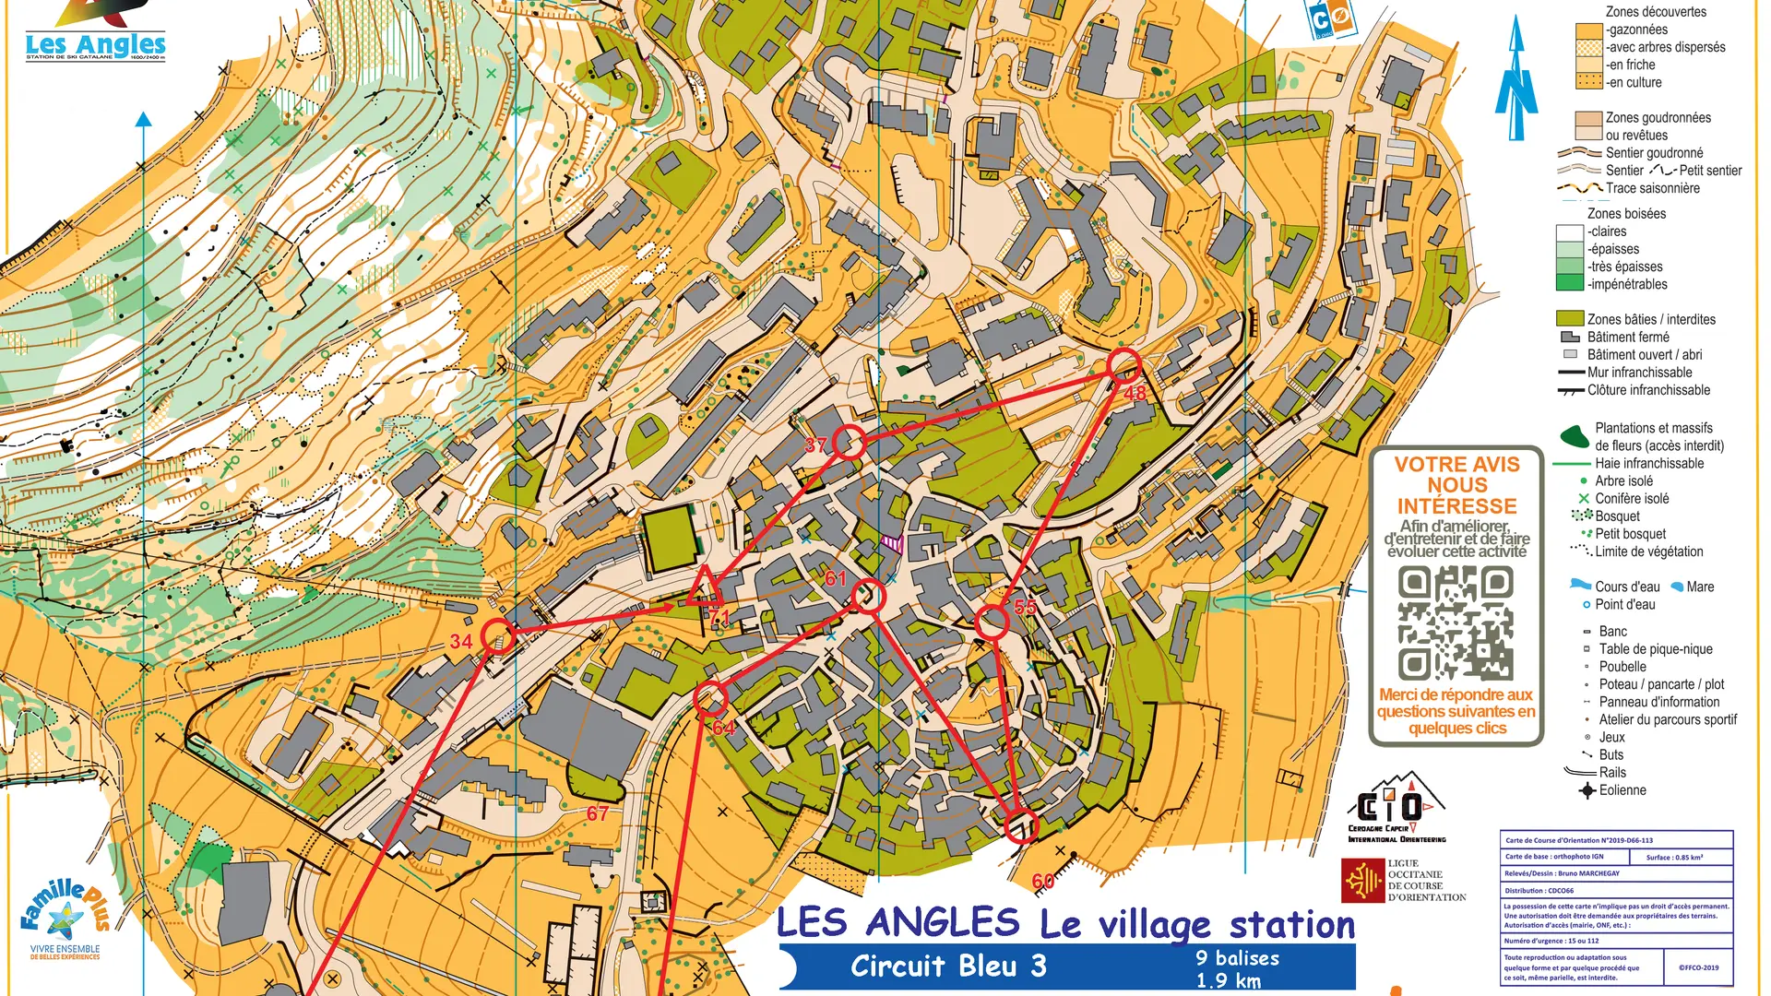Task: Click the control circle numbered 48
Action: pyautogui.click(x=1123, y=366)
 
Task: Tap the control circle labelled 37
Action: pyautogui.click(x=850, y=443)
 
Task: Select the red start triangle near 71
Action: pyautogui.click(x=704, y=588)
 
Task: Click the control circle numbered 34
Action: pyautogui.click(x=498, y=636)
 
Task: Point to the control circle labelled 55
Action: pyautogui.click(x=992, y=622)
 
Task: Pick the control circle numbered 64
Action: pyautogui.click(x=710, y=698)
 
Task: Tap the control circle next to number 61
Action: pyautogui.click(x=868, y=597)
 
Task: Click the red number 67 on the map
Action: pyautogui.click(x=598, y=813)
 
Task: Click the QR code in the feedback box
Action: pyautogui.click(x=1456, y=622)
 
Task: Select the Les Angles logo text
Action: pyautogui.click(x=95, y=44)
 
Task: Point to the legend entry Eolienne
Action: pyautogui.click(x=1622, y=790)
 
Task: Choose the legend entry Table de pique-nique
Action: pyautogui.click(x=1655, y=649)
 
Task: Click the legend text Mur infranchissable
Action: pyautogui.click(x=1639, y=373)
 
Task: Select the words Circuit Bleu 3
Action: pyautogui.click(x=948, y=966)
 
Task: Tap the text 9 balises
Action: pyautogui.click(x=1237, y=958)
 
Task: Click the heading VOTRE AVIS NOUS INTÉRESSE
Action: pyautogui.click(x=1456, y=485)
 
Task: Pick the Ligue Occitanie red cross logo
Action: pyautogui.click(x=1362, y=881)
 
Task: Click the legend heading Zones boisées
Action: pyautogui.click(x=1626, y=214)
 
